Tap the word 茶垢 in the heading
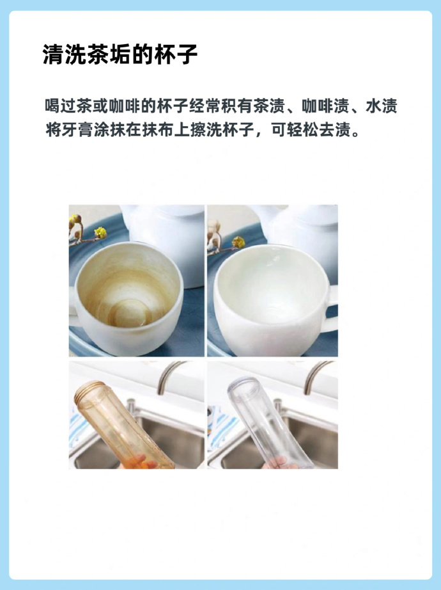pos(102,54)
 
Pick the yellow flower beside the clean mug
pos(238,242)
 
